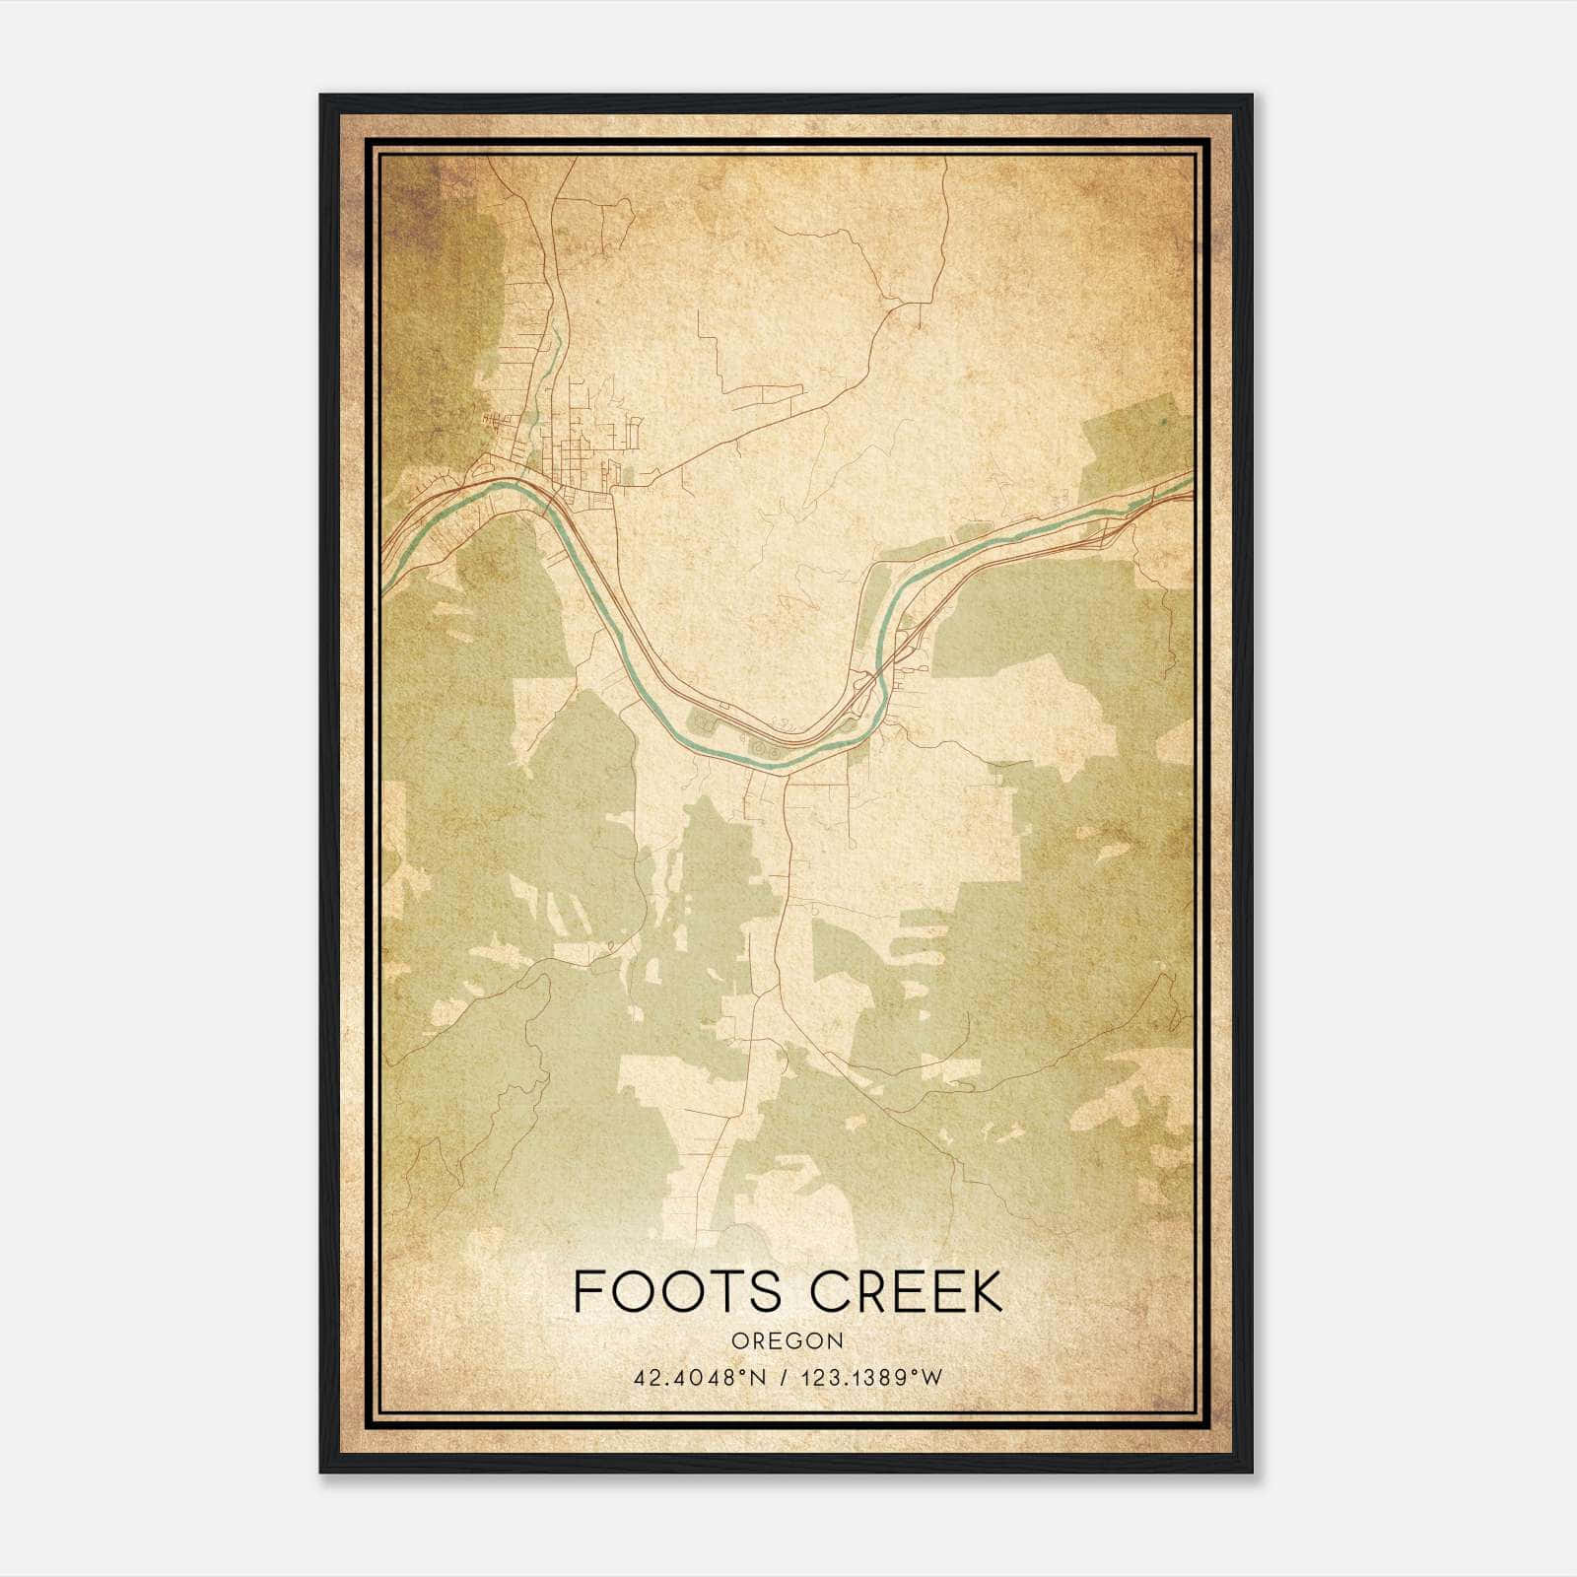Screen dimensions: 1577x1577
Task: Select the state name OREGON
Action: [788, 1341]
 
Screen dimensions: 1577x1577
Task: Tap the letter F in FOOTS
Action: [587, 1292]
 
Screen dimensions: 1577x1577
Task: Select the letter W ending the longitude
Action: [931, 1378]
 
